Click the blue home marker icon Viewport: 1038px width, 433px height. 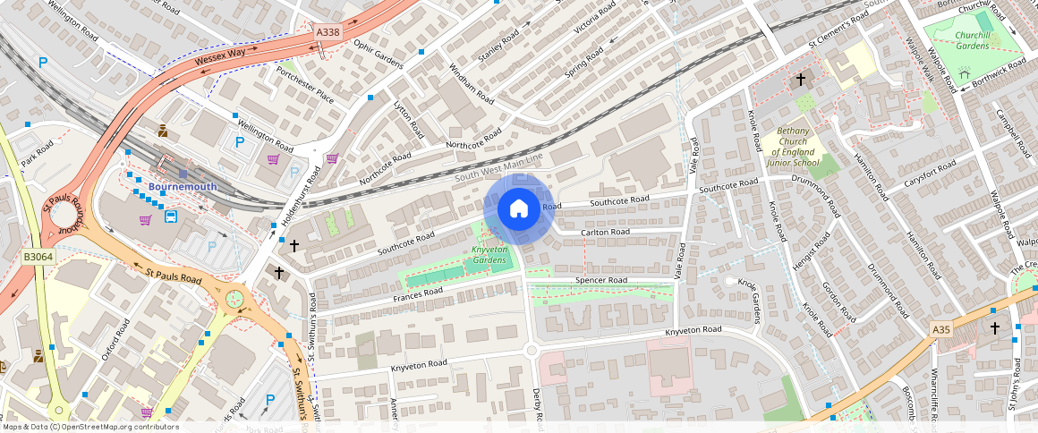(518, 209)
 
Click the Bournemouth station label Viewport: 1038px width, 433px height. (183, 186)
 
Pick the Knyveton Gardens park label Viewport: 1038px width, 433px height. (489, 255)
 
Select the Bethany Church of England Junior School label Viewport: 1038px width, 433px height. (793, 148)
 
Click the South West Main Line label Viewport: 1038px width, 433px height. (498, 167)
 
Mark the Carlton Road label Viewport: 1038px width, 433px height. (605, 232)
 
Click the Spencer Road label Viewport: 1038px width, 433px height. (600, 280)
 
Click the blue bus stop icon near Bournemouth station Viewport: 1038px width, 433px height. (170, 216)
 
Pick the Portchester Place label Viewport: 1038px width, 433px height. (304, 83)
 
